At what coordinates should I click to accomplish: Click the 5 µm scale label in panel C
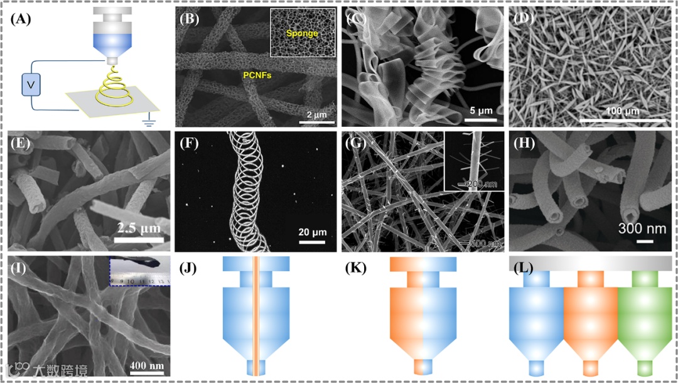[x=480, y=110]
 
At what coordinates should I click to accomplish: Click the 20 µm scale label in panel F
[x=311, y=233]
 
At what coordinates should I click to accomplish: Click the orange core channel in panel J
[x=256, y=314]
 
